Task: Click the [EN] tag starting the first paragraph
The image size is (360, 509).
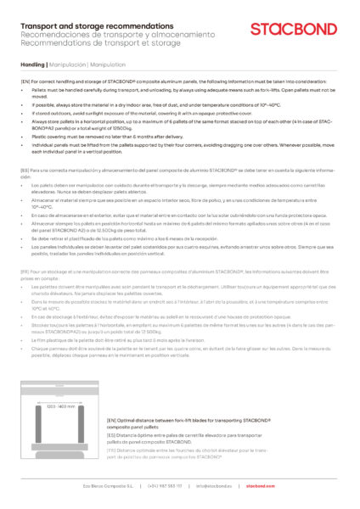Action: [25, 81]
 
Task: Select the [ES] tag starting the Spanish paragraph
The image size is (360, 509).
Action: [25, 170]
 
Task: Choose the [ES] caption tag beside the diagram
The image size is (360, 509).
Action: [112, 433]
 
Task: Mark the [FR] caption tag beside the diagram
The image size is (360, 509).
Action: [112, 449]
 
